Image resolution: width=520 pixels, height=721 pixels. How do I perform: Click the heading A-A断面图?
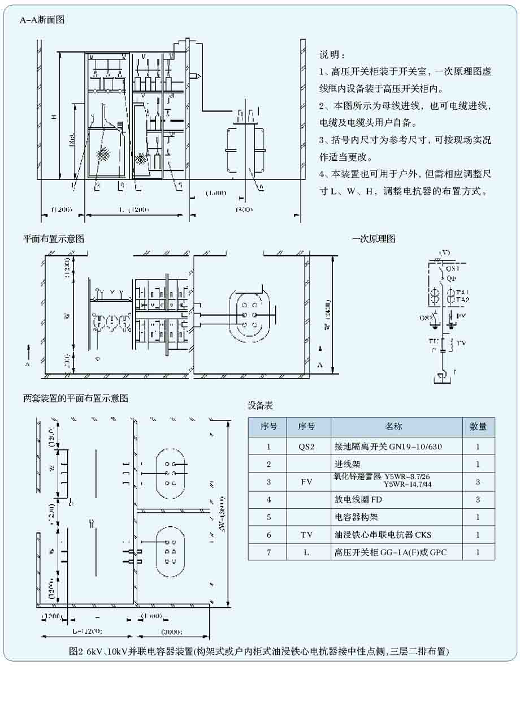(42, 20)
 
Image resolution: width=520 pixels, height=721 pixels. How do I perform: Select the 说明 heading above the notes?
(332, 55)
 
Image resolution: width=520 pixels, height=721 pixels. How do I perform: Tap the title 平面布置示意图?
(54, 239)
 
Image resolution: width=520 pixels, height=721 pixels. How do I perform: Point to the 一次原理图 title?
(373, 239)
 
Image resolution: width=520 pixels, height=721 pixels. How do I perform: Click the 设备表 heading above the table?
(261, 406)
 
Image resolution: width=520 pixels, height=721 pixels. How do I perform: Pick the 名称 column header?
(396, 427)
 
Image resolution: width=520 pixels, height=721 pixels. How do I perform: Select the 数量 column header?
(478, 427)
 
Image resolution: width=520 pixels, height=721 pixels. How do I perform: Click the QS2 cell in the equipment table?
(308, 447)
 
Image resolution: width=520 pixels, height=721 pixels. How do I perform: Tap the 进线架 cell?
(346, 464)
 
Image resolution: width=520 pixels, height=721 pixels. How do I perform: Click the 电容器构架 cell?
(354, 517)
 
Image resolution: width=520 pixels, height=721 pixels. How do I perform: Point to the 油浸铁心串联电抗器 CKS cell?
(383, 535)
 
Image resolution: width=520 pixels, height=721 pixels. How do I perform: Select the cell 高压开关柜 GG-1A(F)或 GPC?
(390, 552)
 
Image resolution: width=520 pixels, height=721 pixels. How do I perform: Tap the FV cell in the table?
(308, 482)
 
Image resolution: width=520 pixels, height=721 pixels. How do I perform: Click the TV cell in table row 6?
(308, 535)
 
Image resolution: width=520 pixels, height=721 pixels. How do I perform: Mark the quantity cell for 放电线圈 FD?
(478, 500)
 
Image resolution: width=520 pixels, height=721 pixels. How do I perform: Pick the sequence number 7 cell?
(268, 552)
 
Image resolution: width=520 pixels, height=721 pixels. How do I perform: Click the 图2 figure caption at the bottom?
(259, 652)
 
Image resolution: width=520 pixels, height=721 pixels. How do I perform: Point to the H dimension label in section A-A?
(54, 117)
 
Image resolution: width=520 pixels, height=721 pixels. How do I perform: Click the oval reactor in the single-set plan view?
(249, 315)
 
